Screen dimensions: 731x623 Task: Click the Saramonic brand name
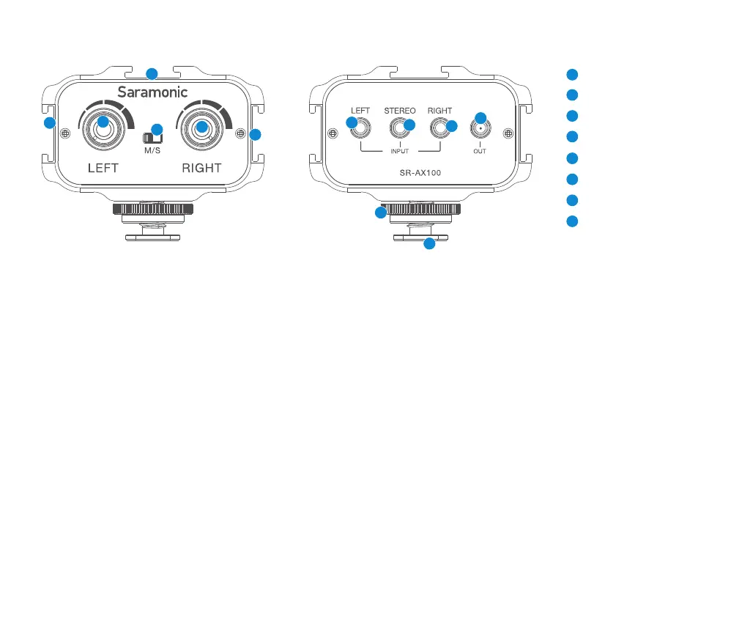click(153, 92)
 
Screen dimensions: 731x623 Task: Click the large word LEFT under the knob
click(103, 168)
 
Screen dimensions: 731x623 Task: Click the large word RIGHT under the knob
click(201, 168)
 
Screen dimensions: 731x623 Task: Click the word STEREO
click(399, 111)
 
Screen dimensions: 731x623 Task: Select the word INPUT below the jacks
click(399, 152)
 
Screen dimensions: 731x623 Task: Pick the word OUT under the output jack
click(480, 152)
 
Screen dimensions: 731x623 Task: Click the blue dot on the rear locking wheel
click(380, 213)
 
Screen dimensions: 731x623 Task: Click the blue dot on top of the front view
click(152, 73)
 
